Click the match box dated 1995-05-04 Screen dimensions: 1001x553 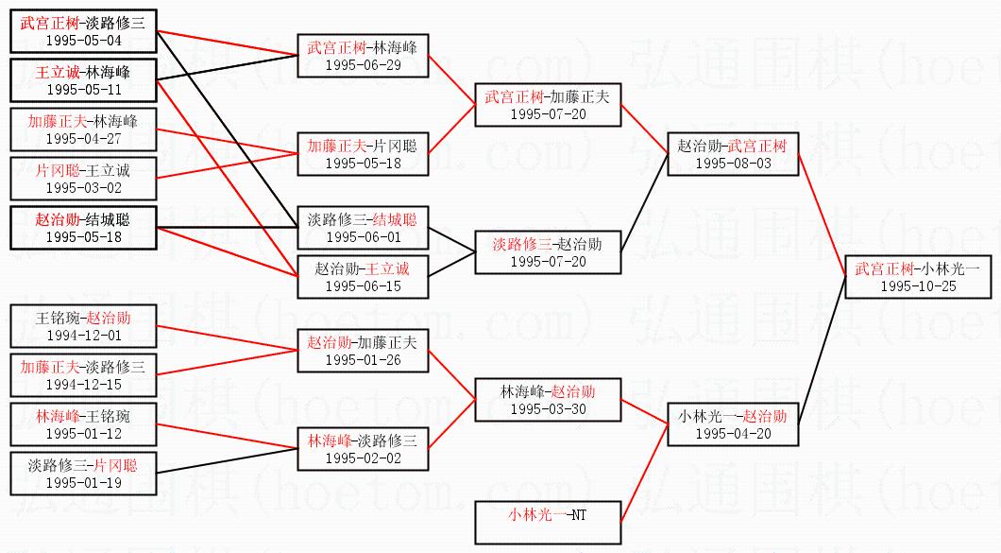pyautogui.click(x=83, y=31)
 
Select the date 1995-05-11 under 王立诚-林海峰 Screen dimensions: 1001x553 pyautogui.click(x=83, y=90)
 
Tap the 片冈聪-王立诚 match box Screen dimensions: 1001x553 pyautogui.click(x=83, y=179)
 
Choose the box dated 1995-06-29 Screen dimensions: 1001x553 pyautogui.click(x=363, y=64)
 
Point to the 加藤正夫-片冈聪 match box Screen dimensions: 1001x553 pyautogui.click(x=363, y=153)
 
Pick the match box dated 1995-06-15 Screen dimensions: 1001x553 pyautogui.click(x=363, y=277)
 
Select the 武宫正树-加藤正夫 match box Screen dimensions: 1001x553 pyautogui.click(x=548, y=104)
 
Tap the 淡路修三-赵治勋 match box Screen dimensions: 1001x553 pyautogui.click(x=548, y=251)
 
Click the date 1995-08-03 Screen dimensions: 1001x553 pyautogui.click(x=733, y=164)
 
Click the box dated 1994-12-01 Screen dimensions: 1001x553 pyautogui.click(x=83, y=334)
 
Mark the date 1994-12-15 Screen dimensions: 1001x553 pyautogui.click(x=83, y=385)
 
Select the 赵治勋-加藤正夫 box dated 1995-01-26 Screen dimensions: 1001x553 pyautogui.click(x=363, y=350)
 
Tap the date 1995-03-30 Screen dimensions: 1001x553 pyautogui.click(x=548, y=409)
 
